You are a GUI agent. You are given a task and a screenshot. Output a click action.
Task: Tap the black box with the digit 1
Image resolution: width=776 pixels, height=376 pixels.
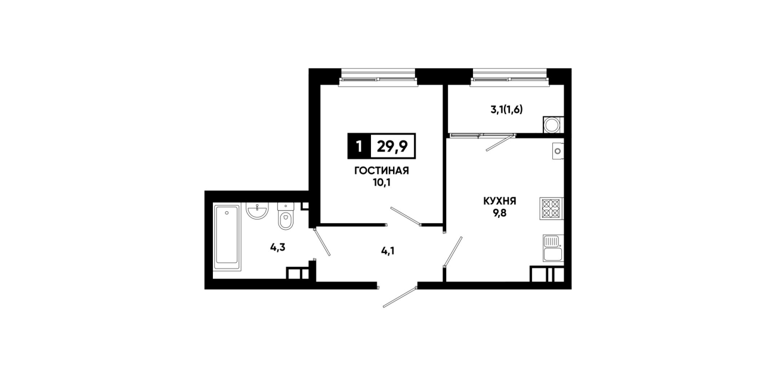[359, 146]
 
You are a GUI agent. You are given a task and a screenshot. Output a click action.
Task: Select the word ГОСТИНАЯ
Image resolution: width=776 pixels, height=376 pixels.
[381, 171]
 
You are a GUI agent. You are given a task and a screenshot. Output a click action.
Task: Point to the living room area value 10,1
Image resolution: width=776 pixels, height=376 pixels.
[381, 183]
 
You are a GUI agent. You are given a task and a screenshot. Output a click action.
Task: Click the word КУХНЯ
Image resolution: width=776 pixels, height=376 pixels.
[500, 201]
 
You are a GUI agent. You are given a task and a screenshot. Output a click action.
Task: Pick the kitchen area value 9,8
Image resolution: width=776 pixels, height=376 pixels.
[500, 213]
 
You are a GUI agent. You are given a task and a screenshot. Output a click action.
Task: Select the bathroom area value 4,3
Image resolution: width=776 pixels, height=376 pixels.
[277, 248]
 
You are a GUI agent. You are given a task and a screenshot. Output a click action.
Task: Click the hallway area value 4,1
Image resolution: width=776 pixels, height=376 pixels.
[388, 250]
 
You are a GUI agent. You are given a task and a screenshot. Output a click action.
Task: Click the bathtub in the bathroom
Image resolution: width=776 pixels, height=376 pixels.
[227, 238]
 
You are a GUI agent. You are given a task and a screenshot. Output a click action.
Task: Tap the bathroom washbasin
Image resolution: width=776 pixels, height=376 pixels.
[257, 211]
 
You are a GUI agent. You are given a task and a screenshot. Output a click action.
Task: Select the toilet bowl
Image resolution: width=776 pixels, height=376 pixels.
[286, 217]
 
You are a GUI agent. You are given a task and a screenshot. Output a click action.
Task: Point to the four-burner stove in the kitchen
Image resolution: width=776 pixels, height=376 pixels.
[552, 208]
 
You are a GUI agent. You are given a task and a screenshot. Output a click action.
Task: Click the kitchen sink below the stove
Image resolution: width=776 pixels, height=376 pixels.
[554, 248]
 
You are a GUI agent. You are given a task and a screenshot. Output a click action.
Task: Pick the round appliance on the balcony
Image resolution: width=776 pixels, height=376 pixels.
[552, 124]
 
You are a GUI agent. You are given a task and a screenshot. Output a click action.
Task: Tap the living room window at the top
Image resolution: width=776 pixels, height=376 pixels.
[378, 77]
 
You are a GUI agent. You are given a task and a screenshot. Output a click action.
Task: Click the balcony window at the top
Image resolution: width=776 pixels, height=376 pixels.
[510, 77]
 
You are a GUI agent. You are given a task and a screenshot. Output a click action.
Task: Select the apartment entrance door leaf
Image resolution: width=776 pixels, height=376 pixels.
[400, 297]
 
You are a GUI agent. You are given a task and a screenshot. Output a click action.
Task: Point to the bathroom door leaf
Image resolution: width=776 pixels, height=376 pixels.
[322, 242]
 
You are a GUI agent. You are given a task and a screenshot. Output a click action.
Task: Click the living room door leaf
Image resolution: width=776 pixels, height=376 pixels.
[406, 216]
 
